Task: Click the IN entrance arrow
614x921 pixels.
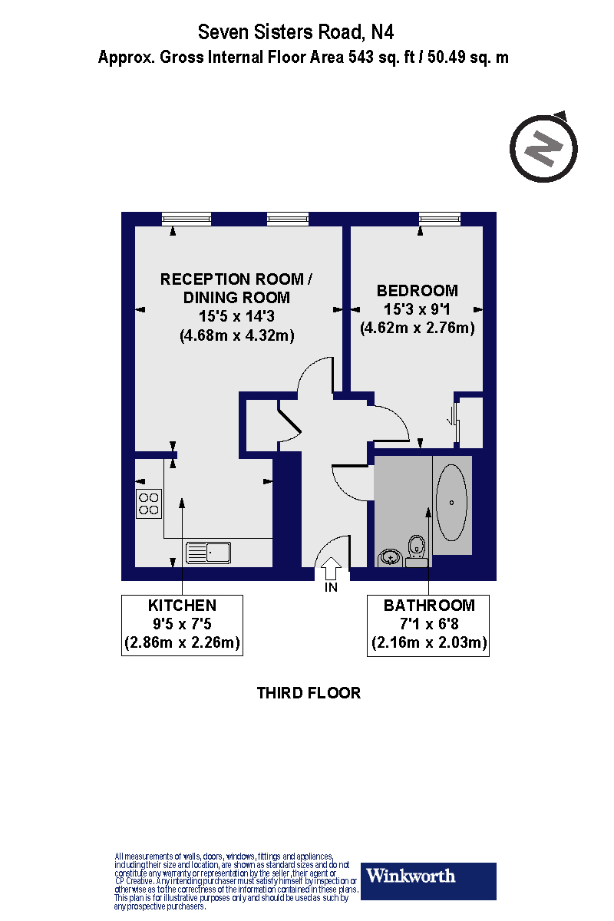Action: point(331,571)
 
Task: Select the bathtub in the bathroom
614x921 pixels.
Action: point(451,503)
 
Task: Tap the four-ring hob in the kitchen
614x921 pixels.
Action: point(148,503)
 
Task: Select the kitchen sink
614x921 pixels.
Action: point(209,551)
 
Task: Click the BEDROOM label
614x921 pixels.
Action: point(418,291)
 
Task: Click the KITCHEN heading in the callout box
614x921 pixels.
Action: point(182,605)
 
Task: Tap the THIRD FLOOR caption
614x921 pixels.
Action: point(309,693)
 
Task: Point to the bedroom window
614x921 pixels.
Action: point(440,219)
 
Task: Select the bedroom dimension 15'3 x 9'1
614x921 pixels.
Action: point(418,309)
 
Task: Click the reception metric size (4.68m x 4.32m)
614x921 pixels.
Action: point(236,335)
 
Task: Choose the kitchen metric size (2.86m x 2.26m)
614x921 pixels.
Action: point(182,643)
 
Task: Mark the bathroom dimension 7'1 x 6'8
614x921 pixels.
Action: point(428,624)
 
